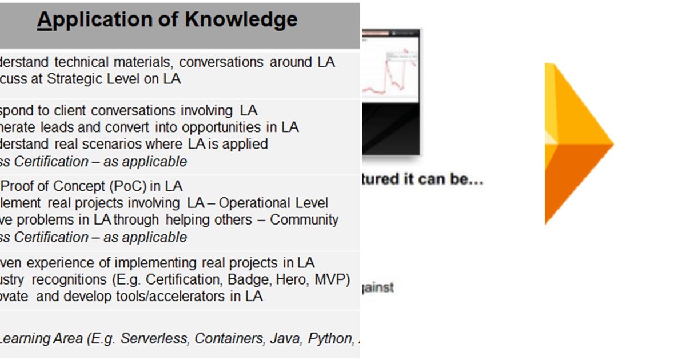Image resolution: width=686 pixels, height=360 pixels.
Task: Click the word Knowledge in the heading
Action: click(241, 19)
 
